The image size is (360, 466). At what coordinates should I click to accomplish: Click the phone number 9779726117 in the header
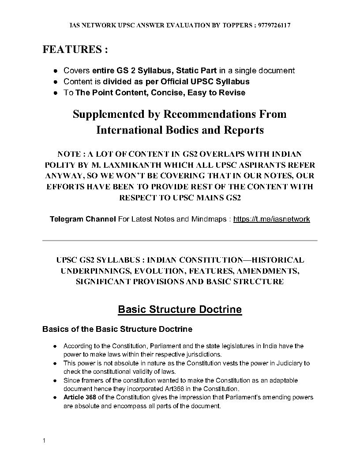coord(274,26)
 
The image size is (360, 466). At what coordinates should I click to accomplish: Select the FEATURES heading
coord(75,49)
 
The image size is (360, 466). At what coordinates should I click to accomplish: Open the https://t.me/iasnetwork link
coord(271,219)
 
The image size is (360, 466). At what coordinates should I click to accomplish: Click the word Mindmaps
coord(206,219)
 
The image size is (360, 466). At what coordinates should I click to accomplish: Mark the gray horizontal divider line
coord(180,241)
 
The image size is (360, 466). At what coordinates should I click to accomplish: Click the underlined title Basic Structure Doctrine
coord(180,309)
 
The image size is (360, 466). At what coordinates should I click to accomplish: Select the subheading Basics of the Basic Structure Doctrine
coord(117,329)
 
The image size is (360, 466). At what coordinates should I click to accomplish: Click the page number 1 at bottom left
coord(44,441)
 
